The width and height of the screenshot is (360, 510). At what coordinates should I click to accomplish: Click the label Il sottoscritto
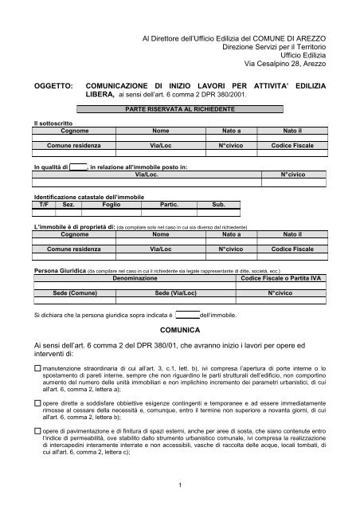(53, 123)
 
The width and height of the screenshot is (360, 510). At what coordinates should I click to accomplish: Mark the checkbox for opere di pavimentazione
(37, 431)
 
